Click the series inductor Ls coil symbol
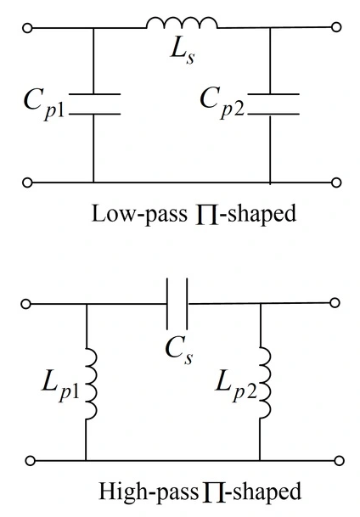coord(182,22)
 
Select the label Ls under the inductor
coord(183,53)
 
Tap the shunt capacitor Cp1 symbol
coord(94,104)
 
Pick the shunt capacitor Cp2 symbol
coord(273,104)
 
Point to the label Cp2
coord(222,102)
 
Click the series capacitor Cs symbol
coord(177,304)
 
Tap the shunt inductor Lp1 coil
coord(92,384)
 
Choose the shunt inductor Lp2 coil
coord(266,383)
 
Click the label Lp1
coord(60,385)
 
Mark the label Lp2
coord(236,385)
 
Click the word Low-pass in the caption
coord(139,214)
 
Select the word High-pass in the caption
coord(149,492)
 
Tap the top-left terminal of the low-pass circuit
coord(27,28)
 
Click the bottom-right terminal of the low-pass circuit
coord(336,183)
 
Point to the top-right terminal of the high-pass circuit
coord(335,303)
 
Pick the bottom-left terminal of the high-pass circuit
coord(30,460)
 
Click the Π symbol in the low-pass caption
coord(207,215)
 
